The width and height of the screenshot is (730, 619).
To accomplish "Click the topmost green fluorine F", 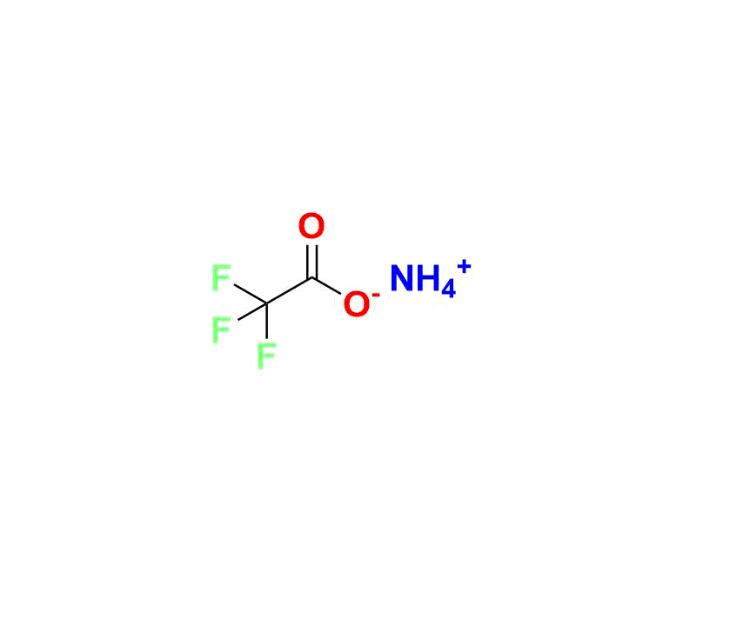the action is coord(221,277).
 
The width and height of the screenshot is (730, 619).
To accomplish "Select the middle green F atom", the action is coord(221,329).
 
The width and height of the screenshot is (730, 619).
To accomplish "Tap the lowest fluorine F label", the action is coord(267,356).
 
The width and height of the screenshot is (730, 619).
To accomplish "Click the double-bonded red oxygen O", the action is coord(311,226).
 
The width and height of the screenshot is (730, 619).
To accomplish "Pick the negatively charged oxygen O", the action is coord(357,304).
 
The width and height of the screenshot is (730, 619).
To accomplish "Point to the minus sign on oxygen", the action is coord(376,295).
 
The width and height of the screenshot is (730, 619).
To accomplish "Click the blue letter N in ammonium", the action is coord(402,278).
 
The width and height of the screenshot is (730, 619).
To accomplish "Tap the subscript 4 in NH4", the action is coord(448,289).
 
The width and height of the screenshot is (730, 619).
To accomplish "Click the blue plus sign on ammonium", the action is coord(464,268).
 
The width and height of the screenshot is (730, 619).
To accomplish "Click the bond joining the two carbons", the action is coord(290,291).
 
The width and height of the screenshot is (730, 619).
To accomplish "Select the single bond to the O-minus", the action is coord(326,286).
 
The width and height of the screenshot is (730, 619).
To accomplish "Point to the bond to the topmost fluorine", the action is coord(251,295).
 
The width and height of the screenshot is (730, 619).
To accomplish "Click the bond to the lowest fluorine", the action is coord(267,321).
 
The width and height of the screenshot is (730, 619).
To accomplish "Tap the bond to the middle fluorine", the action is coord(252,312).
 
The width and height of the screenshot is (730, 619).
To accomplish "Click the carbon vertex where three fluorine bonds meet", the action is coord(267,304).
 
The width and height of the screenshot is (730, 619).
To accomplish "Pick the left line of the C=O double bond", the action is coord(308,262).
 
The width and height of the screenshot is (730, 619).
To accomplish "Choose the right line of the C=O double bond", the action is coord(317,262).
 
